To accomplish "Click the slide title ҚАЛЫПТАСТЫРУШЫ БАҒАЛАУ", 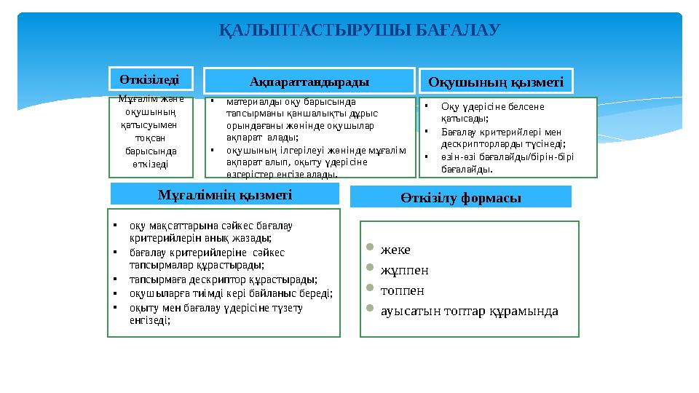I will [360, 31].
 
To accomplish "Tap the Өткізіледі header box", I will [151, 77].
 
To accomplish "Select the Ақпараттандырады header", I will [309, 80].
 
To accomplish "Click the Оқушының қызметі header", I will [496, 82].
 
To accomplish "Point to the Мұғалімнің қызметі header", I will [224, 194].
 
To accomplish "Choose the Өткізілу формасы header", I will [460, 197].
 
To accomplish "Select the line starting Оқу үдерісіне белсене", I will [492, 107].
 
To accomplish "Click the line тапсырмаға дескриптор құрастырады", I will [223, 279].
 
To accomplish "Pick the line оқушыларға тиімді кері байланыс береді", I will [231, 293].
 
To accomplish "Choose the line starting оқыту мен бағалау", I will [216, 307].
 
